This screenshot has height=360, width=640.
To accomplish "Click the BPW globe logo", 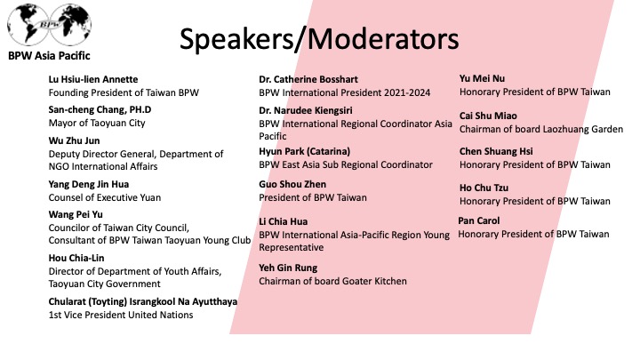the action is click(50, 25).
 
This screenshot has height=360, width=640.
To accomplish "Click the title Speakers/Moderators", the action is click(319, 39).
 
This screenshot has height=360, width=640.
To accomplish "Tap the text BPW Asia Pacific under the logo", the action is click(49, 56).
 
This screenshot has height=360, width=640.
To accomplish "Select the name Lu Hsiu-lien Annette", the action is click(93, 79).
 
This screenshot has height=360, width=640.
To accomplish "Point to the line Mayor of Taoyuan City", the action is click(97, 123).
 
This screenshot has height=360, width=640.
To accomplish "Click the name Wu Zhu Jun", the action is click(74, 140).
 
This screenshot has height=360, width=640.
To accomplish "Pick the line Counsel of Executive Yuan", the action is click(105, 197).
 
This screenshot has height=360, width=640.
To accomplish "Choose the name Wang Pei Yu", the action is click(76, 215).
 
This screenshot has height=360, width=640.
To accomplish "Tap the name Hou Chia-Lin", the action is click(76, 258).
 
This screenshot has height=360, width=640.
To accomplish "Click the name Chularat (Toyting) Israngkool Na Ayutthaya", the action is click(143, 301).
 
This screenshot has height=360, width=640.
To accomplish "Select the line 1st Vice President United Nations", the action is click(121, 315).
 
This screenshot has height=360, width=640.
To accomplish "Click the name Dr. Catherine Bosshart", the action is click(308, 79).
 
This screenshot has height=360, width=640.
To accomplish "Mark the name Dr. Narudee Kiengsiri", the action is click(305, 110).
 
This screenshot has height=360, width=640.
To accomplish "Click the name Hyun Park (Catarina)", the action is click(305, 151).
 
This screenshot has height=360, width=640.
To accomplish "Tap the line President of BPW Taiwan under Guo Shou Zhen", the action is click(313, 197).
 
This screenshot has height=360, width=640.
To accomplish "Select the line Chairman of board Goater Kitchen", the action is click(332, 281).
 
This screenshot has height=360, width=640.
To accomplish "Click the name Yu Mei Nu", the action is click(482, 78).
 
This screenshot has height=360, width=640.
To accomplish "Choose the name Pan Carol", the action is click(479, 220).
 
